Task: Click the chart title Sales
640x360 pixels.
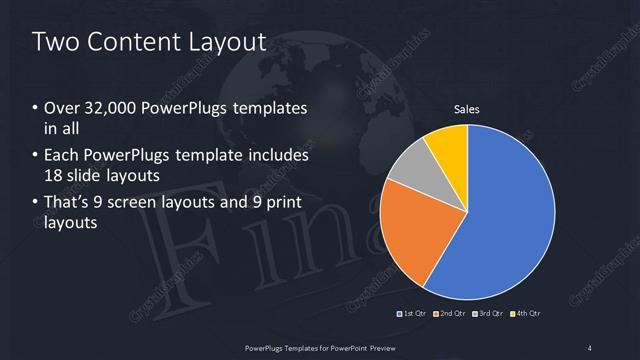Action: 466,110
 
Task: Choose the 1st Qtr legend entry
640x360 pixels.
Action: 414,313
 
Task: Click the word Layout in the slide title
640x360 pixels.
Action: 227,41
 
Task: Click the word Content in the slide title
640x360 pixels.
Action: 133,41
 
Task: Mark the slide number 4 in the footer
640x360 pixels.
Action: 590,347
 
